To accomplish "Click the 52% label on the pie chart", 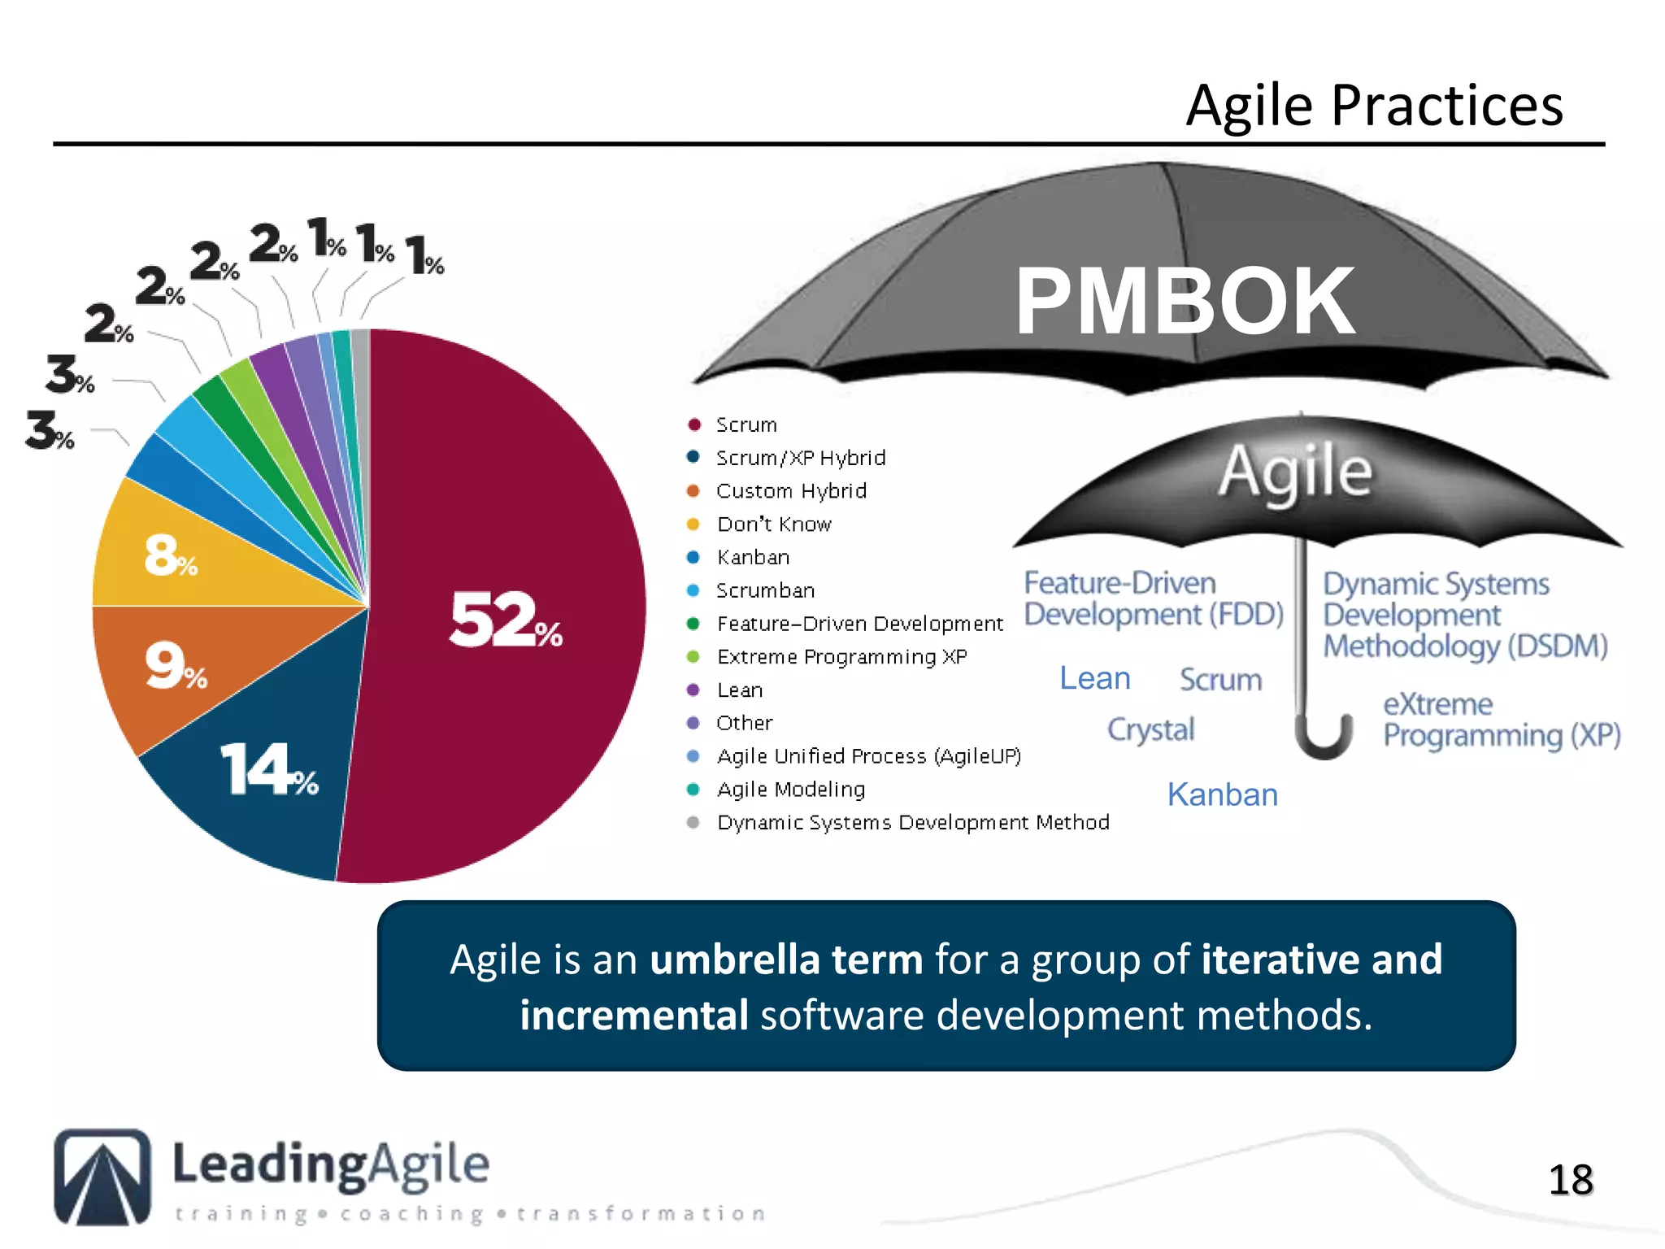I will pyautogui.click(x=505, y=620).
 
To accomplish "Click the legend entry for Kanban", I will pyautogui.click(x=752, y=558).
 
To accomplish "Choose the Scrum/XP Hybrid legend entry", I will pyautogui.click(x=800, y=458).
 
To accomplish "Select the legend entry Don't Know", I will pyautogui.click(x=773, y=524).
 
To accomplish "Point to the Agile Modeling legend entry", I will pyautogui.click(x=790, y=790).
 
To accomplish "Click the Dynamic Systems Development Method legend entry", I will pyautogui.click(x=912, y=823).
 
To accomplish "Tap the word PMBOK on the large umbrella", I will pyautogui.click(x=1184, y=302).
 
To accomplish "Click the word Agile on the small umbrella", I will pyautogui.click(x=1294, y=472).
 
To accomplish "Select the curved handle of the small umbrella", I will pyautogui.click(x=1323, y=736).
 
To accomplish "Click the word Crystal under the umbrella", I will pyautogui.click(x=1150, y=729).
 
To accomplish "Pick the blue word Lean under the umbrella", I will pyautogui.click(x=1094, y=678).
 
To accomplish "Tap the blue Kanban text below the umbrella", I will pyautogui.click(x=1222, y=794).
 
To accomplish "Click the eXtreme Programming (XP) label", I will pyautogui.click(x=1501, y=720).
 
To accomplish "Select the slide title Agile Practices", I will pyautogui.click(x=1374, y=106).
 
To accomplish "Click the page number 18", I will pyautogui.click(x=1570, y=1180).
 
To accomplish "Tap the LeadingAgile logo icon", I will pyautogui.click(x=102, y=1177).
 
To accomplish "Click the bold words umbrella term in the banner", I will pyautogui.click(x=785, y=960).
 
